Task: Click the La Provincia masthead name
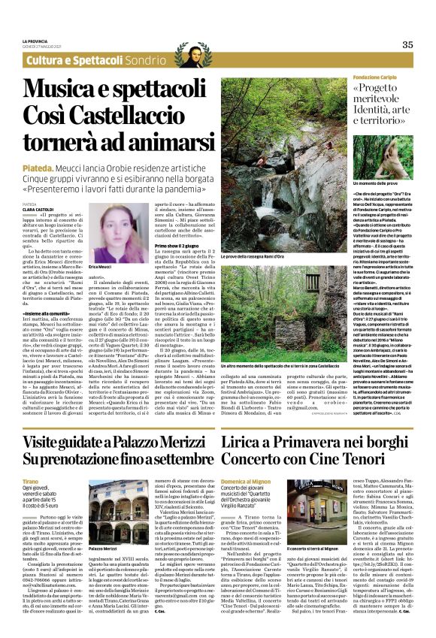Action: [x=35, y=40]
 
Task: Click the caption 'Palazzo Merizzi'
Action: [x=104, y=549]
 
